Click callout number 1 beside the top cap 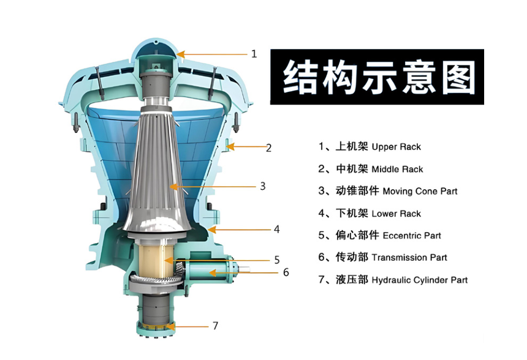[254, 54]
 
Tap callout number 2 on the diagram [268, 148]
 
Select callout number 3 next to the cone [263, 186]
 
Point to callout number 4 [276, 230]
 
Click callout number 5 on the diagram [277, 260]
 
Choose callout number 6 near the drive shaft [286, 272]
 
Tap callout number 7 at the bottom [216, 326]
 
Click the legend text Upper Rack [396, 147]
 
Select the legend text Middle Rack [397, 169]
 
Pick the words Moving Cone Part [420, 192]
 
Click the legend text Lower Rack [396, 214]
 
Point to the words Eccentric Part [412, 236]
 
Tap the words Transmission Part [409, 258]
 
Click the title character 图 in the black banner [459, 77]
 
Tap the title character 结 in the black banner [300, 77]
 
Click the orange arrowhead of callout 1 [181, 54]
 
